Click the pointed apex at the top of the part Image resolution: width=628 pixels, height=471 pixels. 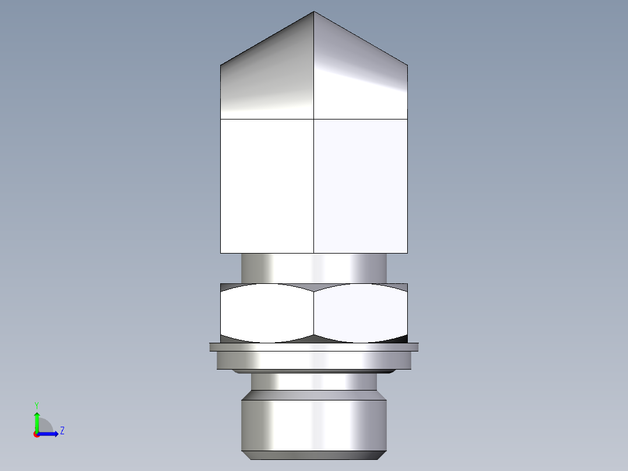(x=314, y=12)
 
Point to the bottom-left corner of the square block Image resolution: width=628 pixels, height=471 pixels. (x=221, y=252)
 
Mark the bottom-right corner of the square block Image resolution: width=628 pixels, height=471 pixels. (x=407, y=252)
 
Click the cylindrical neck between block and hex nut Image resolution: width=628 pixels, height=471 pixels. (x=314, y=268)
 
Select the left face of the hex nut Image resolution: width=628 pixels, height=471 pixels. (x=267, y=313)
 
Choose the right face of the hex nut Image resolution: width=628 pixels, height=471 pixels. (x=361, y=313)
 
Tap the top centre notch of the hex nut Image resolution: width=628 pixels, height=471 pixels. (x=314, y=290)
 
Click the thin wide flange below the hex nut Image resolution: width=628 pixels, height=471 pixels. (x=314, y=347)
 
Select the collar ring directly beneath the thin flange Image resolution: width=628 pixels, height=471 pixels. (x=314, y=361)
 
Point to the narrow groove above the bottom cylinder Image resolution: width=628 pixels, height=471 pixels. (x=314, y=382)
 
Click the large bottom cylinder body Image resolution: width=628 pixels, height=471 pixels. (x=314, y=424)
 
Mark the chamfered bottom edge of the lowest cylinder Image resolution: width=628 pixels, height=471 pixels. (x=314, y=455)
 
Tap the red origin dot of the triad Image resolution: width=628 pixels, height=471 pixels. (x=37, y=434)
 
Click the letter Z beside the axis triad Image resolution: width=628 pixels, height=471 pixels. (x=62, y=431)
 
